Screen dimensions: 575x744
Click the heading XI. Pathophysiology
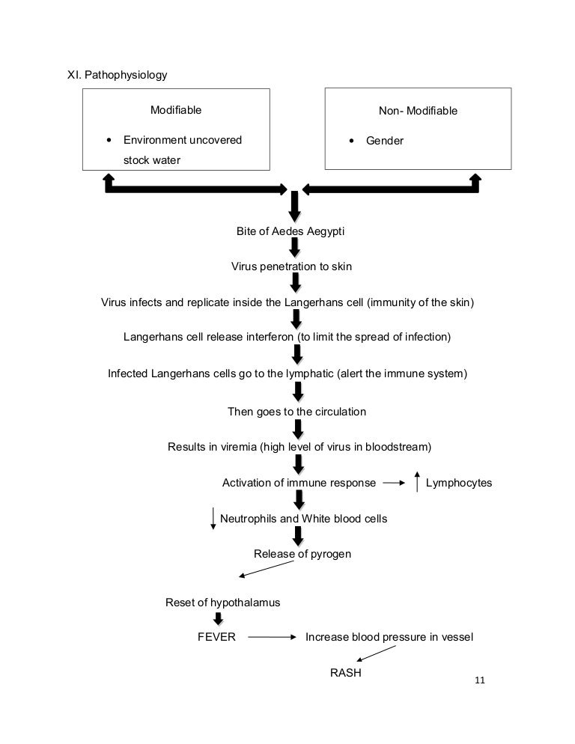point(118,75)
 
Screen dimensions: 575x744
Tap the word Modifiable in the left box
point(176,110)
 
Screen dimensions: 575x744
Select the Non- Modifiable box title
point(418,111)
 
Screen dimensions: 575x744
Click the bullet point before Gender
point(351,141)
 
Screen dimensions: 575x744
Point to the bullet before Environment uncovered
point(109,140)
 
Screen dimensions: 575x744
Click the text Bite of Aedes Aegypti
point(290,231)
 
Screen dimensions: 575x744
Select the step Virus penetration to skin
point(291,266)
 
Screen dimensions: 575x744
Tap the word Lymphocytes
point(459,483)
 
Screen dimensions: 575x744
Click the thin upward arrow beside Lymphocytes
point(417,481)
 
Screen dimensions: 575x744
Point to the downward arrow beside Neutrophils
point(213,519)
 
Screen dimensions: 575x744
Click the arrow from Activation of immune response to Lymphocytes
point(394,483)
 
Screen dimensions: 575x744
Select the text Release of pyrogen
point(302,554)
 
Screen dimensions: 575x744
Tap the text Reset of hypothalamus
point(222,603)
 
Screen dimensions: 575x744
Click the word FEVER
point(216,637)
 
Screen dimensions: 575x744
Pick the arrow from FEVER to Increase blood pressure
point(272,637)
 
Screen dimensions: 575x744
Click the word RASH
point(346,673)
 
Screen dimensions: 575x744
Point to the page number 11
point(480,680)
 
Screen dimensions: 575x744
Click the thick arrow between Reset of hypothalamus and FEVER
point(219,619)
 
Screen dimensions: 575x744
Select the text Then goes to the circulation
point(296,412)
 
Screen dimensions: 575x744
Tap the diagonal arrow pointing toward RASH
point(376,653)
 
